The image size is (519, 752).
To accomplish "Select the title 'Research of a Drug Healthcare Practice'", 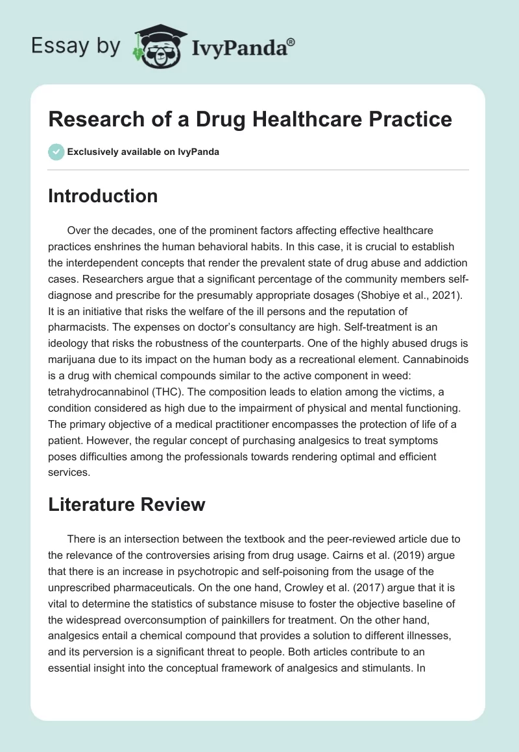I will coord(250,119).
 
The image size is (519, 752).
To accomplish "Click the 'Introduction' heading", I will coord(103,196).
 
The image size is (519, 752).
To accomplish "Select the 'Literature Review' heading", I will coord(127,504).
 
